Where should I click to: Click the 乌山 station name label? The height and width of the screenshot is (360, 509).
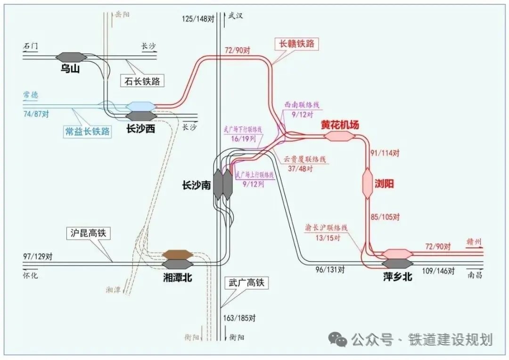[71, 69]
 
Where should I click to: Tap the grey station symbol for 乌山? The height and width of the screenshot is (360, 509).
[71, 57]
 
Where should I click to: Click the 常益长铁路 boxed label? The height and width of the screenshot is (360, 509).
[88, 131]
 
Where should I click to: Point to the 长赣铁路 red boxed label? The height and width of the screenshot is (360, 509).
[296, 44]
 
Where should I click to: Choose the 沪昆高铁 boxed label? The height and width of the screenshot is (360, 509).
[88, 233]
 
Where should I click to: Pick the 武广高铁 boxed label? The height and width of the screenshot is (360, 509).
[245, 283]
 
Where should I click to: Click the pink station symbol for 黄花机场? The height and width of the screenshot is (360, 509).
[338, 136]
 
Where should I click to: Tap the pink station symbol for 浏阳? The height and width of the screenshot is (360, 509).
[368, 183]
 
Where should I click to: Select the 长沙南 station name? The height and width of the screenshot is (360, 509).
[196, 186]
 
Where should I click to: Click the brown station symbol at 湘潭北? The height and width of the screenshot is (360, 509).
[177, 255]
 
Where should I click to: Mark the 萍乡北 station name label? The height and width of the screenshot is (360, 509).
[398, 277]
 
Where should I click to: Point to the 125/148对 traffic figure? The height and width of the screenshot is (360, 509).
[198, 19]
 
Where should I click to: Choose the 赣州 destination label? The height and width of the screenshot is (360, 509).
[473, 243]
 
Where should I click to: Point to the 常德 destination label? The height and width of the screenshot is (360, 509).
[31, 95]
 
